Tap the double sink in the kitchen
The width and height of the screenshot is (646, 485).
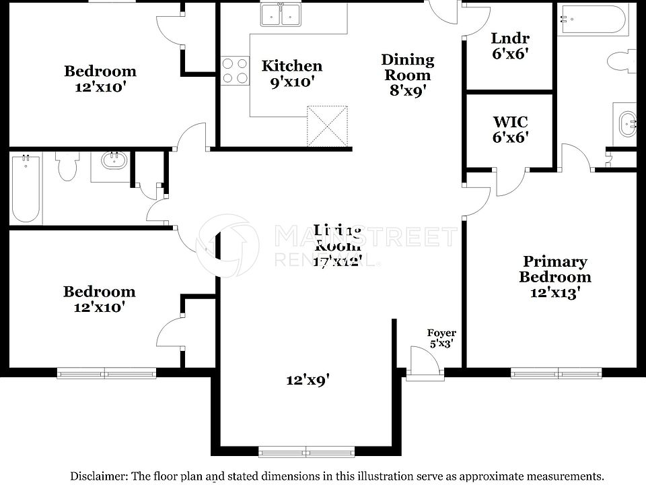[x=281, y=15]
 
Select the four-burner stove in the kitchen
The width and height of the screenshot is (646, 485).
[x=234, y=71]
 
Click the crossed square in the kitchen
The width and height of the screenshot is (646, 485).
[x=327, y=125]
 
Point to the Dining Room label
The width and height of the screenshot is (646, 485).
[x=407, y=67]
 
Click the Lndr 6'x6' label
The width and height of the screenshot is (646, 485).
[x=510, y=46]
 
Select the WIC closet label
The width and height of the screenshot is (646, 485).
[x=510, y=129]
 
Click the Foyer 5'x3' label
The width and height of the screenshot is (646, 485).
[x=441, y=337]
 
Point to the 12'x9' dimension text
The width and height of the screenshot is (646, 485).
[x=308, y=380]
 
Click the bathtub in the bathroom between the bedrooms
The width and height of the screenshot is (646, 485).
[x=26, y=189]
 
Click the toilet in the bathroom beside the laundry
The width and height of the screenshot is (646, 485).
[x=622, y=63]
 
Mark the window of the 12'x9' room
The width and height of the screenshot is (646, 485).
[x=307, y=451]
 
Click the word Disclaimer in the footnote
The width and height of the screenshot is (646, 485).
[x=98, y=475]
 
